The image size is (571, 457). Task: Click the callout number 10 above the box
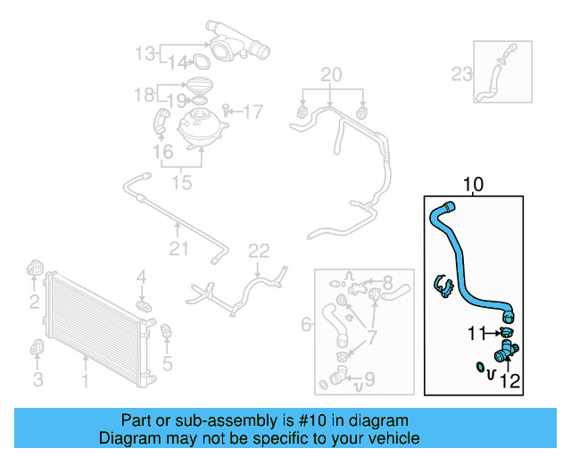pyautogui.click(x=473, y=186)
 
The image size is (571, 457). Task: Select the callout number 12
pyautogui.click(x=510, y=382)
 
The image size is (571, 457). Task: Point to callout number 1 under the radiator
pyautogui.click(x=85, y=382)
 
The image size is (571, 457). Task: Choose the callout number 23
pyautogui.click(x=461, y=74)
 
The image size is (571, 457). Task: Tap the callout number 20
pyautogui.click(x=331, y=73)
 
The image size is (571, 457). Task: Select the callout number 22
pyautogui.click(x=258, y=251)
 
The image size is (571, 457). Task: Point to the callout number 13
pyautogui.click(x=145, y=54)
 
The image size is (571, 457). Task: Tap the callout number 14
pyautogui.click(x=178, y=62)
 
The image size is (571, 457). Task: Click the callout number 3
pyautogui.click(x=37, y=382)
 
